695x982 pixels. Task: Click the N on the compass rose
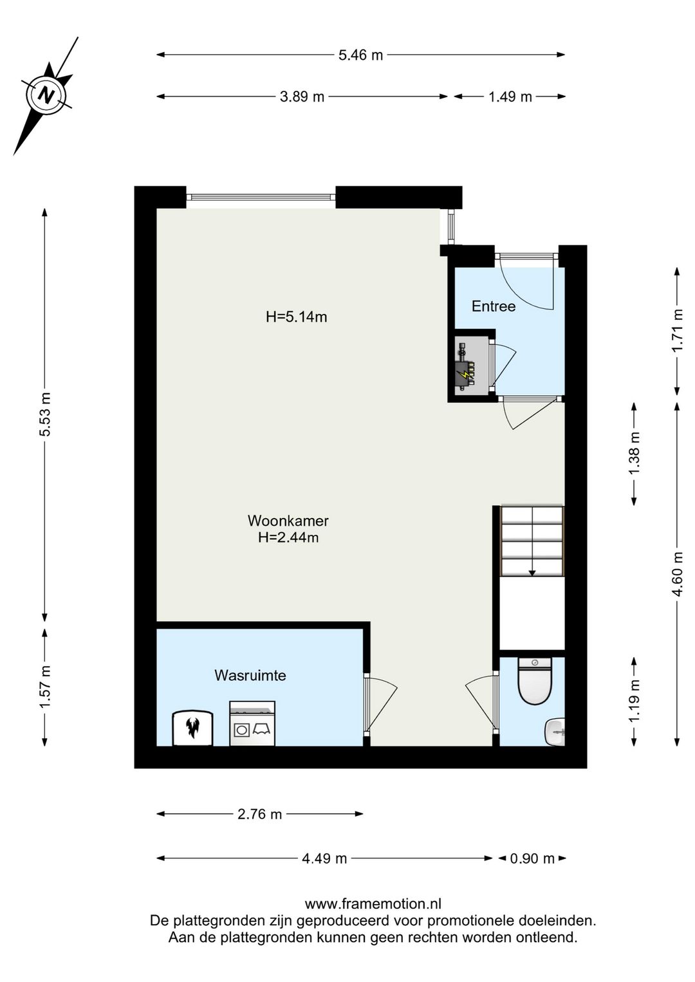(46, 95)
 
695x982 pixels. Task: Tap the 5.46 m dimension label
(360, 55)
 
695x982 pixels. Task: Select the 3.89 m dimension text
(302, 97)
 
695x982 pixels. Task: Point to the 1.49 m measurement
(510, 97)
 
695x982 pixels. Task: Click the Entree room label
(494, 306)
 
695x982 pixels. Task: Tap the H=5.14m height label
(297, 317)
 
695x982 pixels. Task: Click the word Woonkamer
(288, 521)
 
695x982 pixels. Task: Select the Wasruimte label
(250, 675)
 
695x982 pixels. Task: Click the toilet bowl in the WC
(535, 681)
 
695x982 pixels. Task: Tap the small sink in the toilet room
(555, 732)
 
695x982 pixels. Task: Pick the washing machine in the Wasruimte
(252, 723)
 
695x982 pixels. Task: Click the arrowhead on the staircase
(532, 572)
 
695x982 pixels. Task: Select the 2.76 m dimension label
(259, 814)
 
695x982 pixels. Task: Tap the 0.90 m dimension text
(532, 858)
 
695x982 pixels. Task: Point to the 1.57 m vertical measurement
(45, 686)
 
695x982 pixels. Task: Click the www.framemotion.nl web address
(373, 904)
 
